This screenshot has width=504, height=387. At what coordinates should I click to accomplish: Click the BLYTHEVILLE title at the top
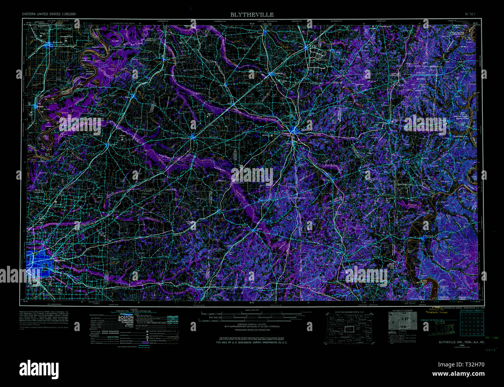[252, 15]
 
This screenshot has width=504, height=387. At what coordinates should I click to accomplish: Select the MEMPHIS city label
[60, 260]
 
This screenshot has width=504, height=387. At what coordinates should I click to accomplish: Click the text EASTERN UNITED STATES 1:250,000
[49, 14]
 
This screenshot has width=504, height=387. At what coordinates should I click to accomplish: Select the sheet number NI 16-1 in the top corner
[471, 14]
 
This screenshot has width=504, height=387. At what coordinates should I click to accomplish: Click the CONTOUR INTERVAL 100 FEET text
[252, 325]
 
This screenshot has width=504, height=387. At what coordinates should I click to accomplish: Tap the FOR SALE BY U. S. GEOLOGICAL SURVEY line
[252, 343]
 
